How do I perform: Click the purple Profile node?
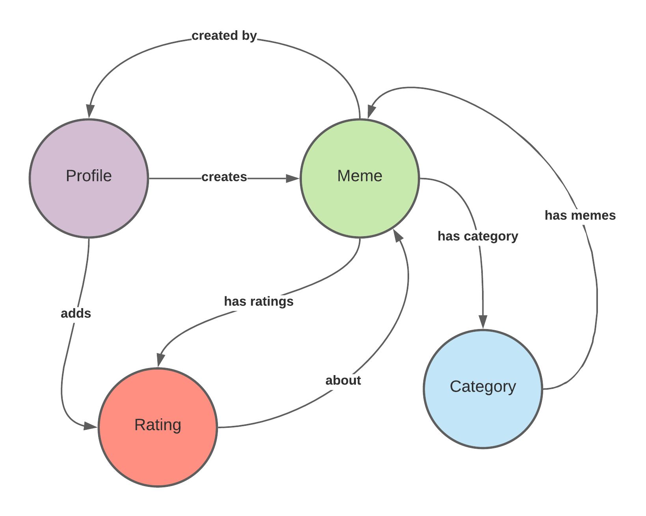(89, 178)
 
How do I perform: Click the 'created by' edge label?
(224, 36)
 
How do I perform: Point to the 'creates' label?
(224, 177)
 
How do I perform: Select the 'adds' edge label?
(76, 313)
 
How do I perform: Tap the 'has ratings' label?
(259, 301)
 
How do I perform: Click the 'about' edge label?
(343, 381)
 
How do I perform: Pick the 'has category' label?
(478, 236)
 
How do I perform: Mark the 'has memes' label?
(580, 215)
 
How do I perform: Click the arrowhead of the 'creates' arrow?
(293, 179)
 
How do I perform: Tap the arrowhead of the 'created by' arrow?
(90, 111)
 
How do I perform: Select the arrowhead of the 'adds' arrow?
(91, 426)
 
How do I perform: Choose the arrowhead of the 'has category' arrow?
(483, 322)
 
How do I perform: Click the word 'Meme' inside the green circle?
(359, 176)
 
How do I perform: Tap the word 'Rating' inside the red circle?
(158, 425)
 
